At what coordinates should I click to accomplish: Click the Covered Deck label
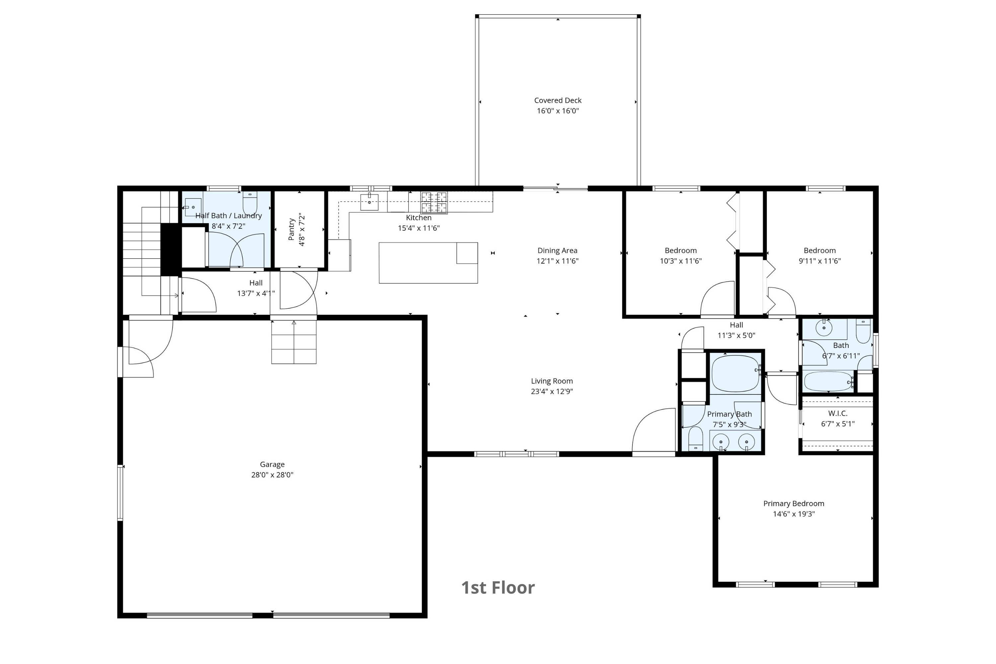pos(558,100)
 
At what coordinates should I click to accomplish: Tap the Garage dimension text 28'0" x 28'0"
pos(272,475)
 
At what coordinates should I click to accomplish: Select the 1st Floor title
pos(498,587)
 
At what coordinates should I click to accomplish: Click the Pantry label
pos(291,229)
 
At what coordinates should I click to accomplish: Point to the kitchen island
pos(428,263)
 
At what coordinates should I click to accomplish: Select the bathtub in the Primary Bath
pos(736,373)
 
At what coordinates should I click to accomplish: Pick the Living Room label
pos(552,381)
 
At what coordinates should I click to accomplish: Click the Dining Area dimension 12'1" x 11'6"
pos(557,261)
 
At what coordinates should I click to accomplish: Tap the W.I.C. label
pos(838,413)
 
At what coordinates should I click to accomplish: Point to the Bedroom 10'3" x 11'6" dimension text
pos(681,261)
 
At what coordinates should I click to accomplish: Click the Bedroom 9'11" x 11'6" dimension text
pos(819,261)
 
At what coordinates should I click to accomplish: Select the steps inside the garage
pos(293,342)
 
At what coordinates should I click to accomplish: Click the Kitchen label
pos(418,218)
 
